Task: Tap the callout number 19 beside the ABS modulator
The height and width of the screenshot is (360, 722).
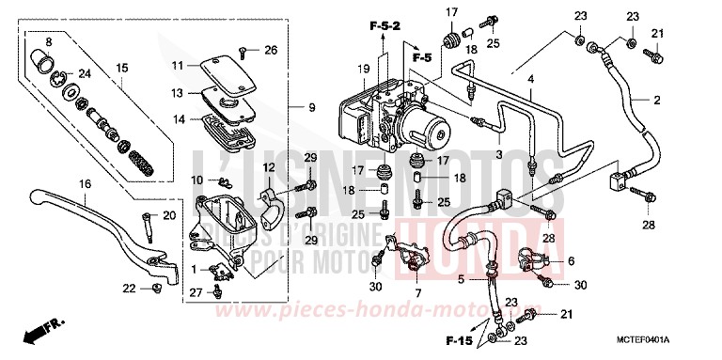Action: (x=362, y=69)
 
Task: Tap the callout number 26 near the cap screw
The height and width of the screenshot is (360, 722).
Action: (x=271, y=50)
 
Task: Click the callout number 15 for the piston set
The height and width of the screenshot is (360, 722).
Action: (x=121, y=68)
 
